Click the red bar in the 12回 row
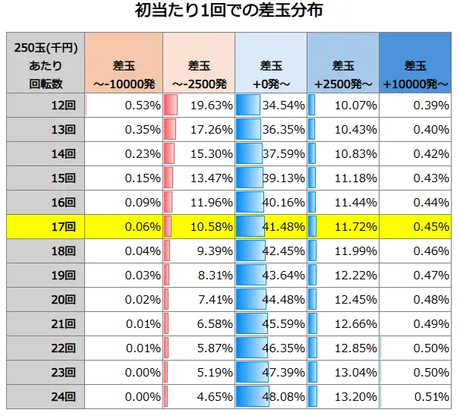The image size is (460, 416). [171, 105]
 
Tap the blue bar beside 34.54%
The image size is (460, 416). [247, 105]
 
